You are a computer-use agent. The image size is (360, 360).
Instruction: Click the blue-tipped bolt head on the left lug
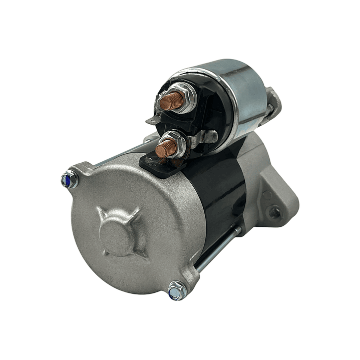tap(69, 180)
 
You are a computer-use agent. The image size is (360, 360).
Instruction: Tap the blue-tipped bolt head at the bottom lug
tap(176, 290)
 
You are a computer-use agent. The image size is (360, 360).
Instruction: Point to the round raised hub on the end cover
tap(116, 234)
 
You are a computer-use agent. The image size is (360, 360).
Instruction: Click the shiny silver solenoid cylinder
tap(245, 95)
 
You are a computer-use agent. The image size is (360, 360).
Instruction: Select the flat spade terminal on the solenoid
tap(152, 120)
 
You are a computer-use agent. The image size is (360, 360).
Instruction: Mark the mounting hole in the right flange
tap(274, 212)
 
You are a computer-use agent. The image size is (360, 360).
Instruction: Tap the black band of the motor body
tap(220, 190)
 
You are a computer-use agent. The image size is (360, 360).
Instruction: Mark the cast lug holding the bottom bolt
tap(185, 280)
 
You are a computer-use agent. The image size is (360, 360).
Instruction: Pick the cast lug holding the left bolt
tap(80, 173)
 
